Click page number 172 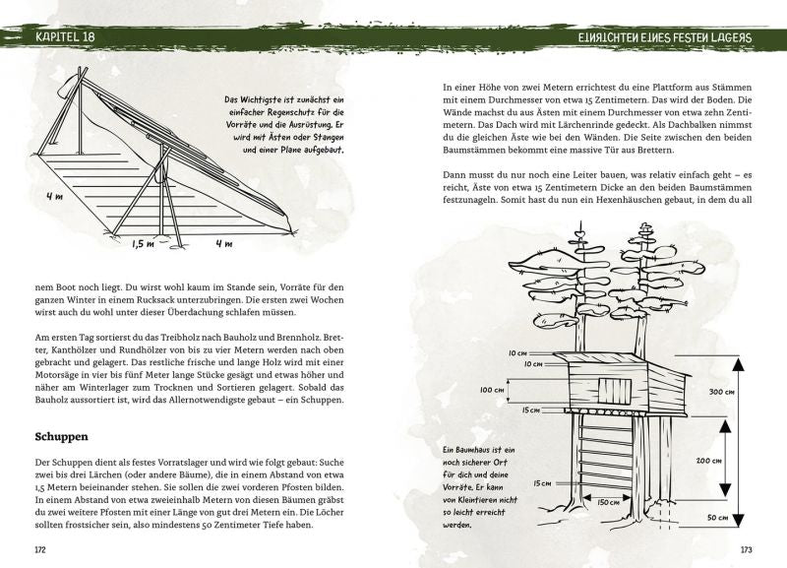point(40,548)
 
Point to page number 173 point(746,548)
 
